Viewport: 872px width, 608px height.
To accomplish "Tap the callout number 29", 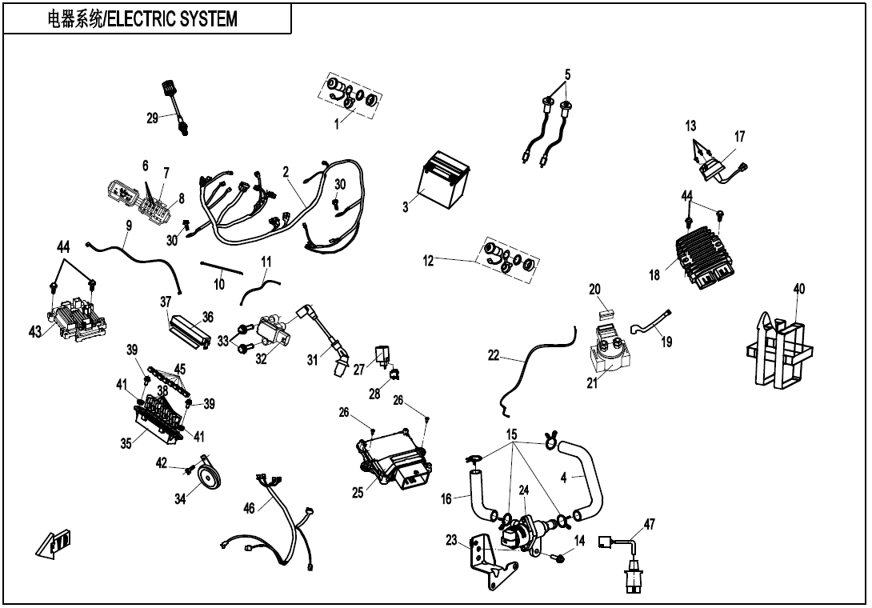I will click(152, 118).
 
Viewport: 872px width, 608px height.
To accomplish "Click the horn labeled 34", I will click(209, 477).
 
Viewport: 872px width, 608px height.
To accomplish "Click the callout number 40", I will click(798, 289).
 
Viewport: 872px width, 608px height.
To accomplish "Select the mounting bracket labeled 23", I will click(489, 561).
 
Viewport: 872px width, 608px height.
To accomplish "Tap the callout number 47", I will click(649, 524).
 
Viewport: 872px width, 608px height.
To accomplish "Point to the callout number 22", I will click(494, 357).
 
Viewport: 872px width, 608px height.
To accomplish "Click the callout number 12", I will click(429, 260).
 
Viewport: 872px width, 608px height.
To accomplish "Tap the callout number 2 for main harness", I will click(286, 171).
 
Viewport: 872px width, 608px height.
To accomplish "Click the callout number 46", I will click(250, 507).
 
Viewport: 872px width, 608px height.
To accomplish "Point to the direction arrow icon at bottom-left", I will click(54, 544).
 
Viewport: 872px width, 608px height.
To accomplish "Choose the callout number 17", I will click(739, 137).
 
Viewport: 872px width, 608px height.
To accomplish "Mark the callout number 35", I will click(126, 444).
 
